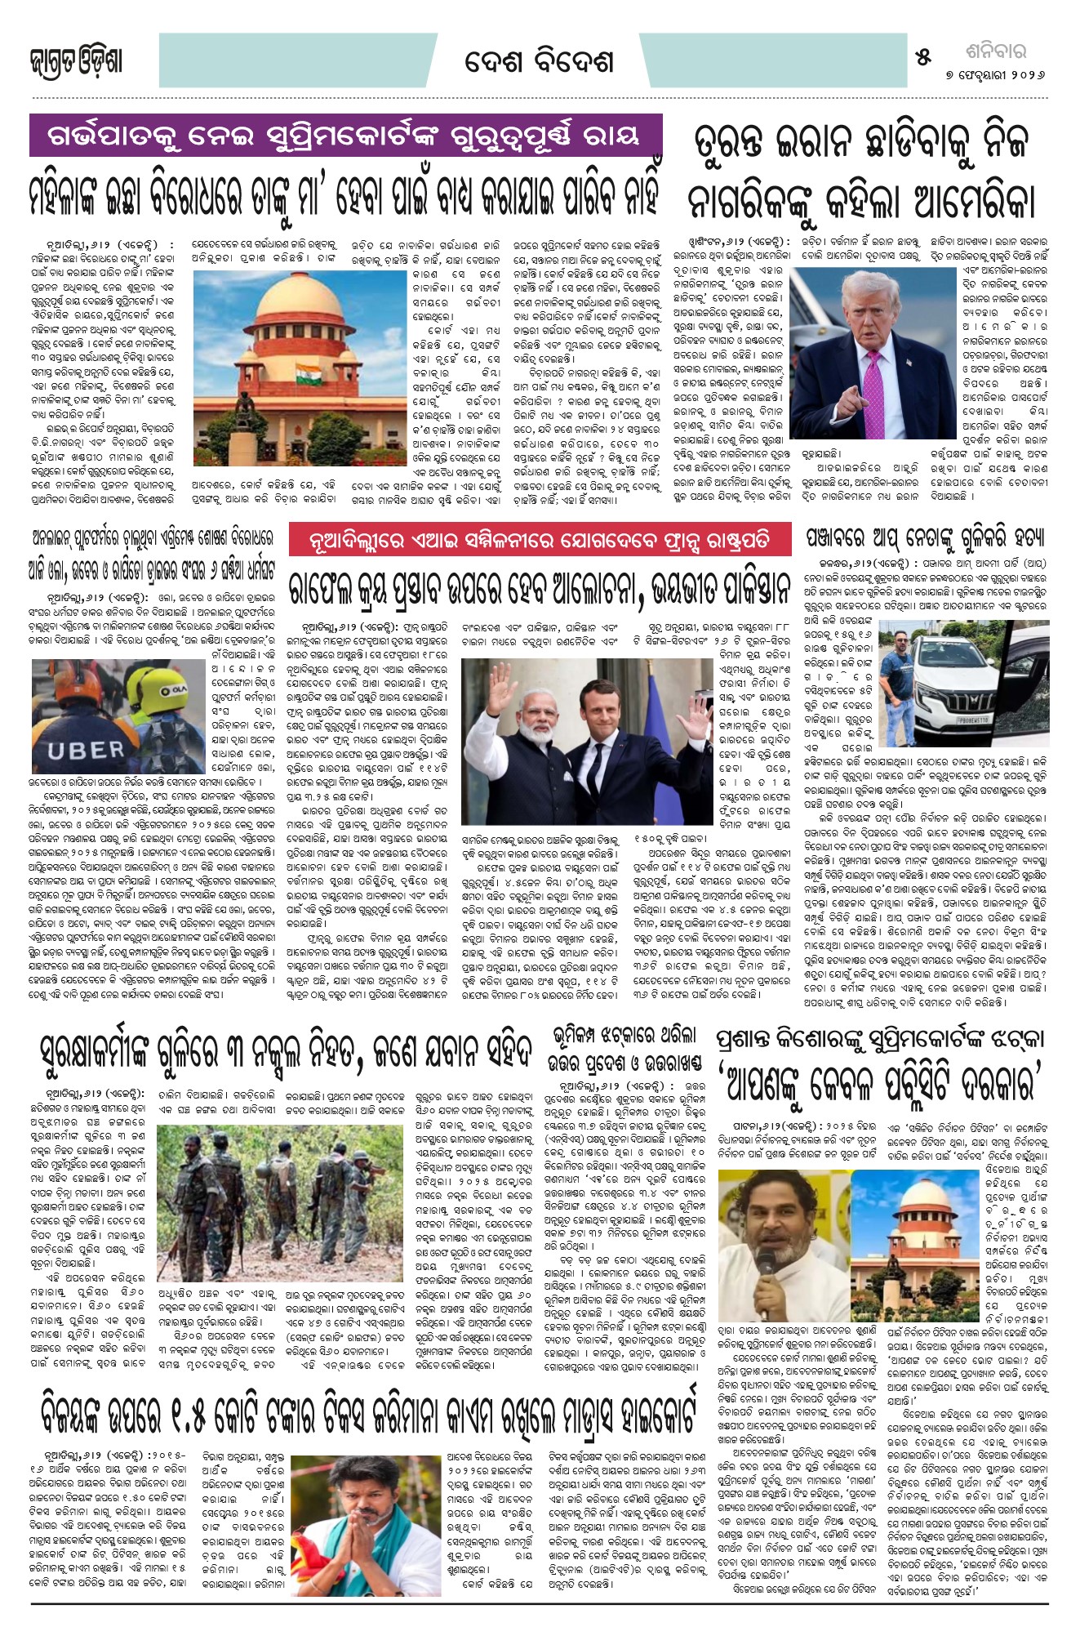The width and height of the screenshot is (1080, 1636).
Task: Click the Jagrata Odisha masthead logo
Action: pos(76,62)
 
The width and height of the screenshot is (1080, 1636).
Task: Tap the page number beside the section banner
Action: pos(923,58)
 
